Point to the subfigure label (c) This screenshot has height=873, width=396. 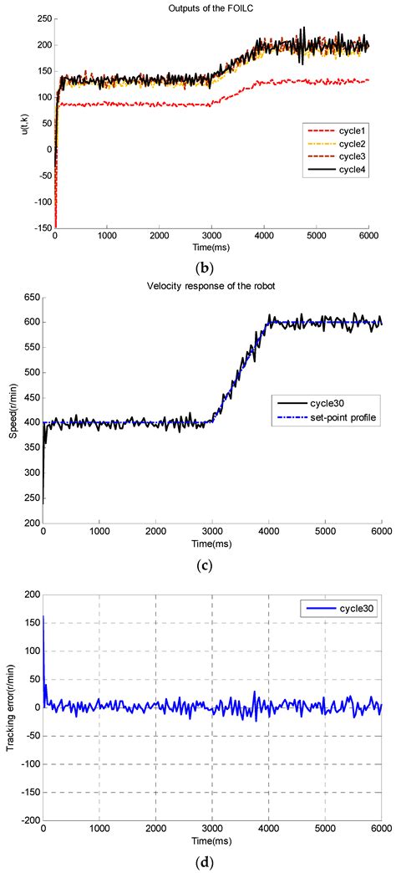click(x=203, y=566)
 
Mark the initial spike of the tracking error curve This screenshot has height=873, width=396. click(x=43, y=595)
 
